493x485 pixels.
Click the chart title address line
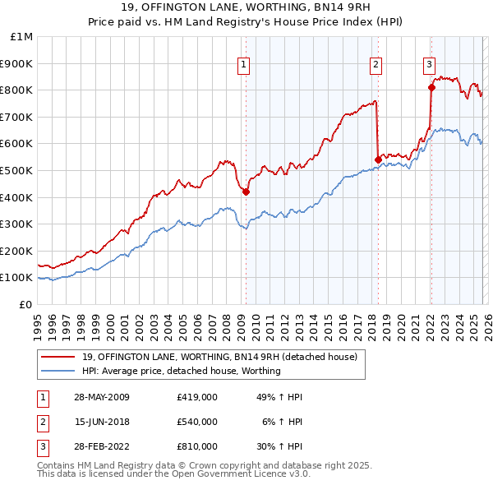pos(246,7)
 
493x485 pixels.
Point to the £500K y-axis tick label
pos(18,171)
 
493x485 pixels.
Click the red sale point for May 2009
pos(246,192)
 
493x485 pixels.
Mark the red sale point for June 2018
pos(377,159)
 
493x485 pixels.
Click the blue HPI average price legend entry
pos(181,371)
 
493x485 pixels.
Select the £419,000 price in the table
pos(196,397)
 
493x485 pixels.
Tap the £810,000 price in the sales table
pos(196,446)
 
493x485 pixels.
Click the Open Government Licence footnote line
pos(174,474)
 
